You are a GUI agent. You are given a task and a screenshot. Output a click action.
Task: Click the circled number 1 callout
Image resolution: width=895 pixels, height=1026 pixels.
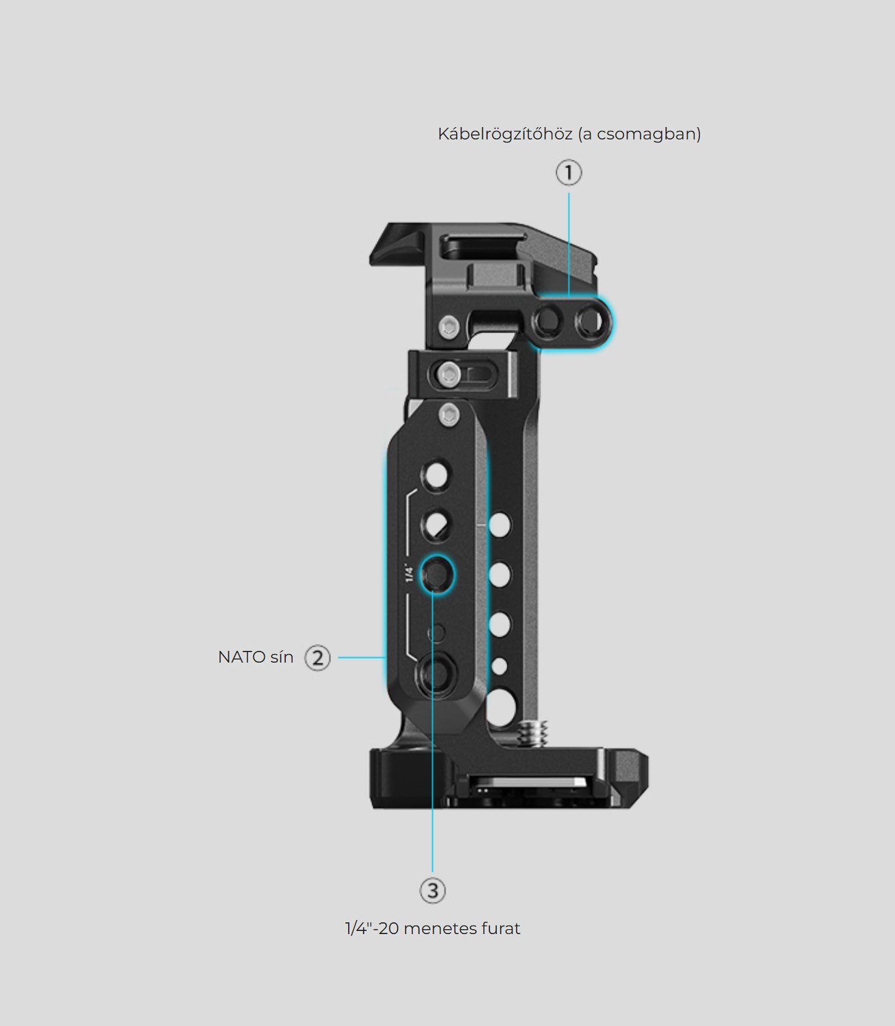tap(568, 173)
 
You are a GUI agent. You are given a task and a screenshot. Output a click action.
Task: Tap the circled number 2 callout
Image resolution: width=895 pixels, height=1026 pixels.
tap(318, 658)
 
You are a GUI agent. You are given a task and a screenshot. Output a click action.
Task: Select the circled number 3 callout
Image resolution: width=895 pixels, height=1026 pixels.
tap(433, 890)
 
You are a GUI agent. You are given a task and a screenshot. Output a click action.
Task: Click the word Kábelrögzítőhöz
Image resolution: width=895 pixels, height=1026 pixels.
tap(505, 134)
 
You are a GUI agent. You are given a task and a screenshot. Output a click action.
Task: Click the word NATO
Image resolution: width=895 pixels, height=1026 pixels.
tap(241, 657)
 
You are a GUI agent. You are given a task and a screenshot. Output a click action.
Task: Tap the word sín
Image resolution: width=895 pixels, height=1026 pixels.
tap(281, 657)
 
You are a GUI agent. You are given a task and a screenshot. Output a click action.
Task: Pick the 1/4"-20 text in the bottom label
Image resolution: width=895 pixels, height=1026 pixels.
tap(372, 928)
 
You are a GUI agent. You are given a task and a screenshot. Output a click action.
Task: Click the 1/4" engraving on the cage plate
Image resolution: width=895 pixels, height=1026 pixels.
tap(409, 573)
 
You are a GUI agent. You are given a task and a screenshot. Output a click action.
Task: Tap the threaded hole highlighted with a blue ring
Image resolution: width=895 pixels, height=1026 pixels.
tap(437, 574)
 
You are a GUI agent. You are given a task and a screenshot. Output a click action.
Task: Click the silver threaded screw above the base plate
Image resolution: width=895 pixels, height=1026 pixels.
tap(533, 734)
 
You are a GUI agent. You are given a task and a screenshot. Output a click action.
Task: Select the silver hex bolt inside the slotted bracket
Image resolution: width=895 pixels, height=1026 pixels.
tap(448, 374)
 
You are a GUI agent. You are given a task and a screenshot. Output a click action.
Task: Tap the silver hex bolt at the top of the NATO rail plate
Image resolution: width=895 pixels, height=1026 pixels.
tap(449, 415)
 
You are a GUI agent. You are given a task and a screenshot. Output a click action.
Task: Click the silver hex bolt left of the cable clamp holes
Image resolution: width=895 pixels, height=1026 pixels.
tap(449, 326)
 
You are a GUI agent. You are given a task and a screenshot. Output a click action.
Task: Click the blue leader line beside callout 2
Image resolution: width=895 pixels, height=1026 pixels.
tap(362, 658)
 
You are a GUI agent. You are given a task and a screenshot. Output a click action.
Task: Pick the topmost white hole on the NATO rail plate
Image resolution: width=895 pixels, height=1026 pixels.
tap(436, 475)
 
